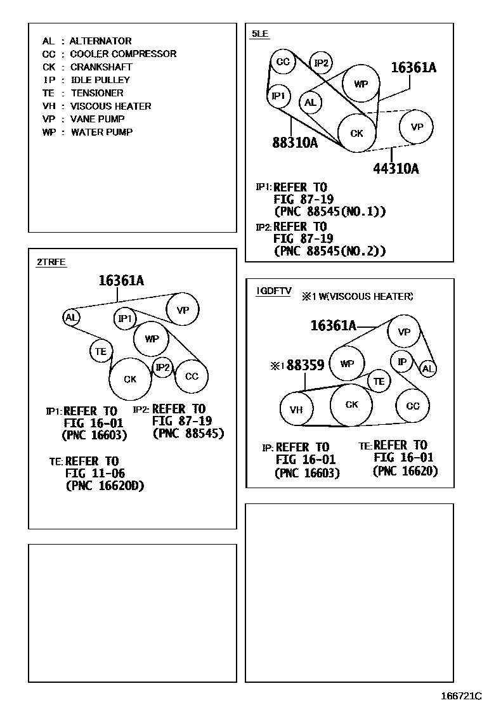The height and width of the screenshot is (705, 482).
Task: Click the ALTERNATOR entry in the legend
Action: [100, 41]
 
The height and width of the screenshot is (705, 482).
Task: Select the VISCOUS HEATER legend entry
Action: [110, 106]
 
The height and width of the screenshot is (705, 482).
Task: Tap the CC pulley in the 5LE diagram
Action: [283, 61]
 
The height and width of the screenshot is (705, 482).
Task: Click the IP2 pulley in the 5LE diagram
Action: [322, 62]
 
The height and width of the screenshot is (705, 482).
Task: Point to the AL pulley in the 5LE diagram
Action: [310, 103]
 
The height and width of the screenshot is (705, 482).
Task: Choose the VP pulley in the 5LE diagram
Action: [417, 127]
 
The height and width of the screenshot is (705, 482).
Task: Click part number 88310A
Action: [295, 143]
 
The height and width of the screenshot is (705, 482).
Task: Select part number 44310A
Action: [396, 169]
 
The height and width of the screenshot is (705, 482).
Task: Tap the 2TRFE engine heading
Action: [51, 262]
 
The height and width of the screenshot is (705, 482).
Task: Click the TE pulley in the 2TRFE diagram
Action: [101, 351]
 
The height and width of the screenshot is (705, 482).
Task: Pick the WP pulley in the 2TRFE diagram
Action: [152, 339]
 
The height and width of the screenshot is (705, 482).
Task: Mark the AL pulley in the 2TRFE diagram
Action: [71, 317]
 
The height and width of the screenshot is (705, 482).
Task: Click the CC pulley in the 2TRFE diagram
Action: [192, 376]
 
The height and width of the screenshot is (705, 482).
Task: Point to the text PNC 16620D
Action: [105, 486]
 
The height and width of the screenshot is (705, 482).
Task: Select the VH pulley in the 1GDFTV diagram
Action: [296, 410]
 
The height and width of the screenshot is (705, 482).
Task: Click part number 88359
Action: [305, 366]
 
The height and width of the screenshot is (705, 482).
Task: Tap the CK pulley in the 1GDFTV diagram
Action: [352, 404]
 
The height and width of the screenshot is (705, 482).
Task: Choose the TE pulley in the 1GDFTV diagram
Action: [379, 381]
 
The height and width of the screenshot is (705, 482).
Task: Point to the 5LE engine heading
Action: [259, 33]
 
